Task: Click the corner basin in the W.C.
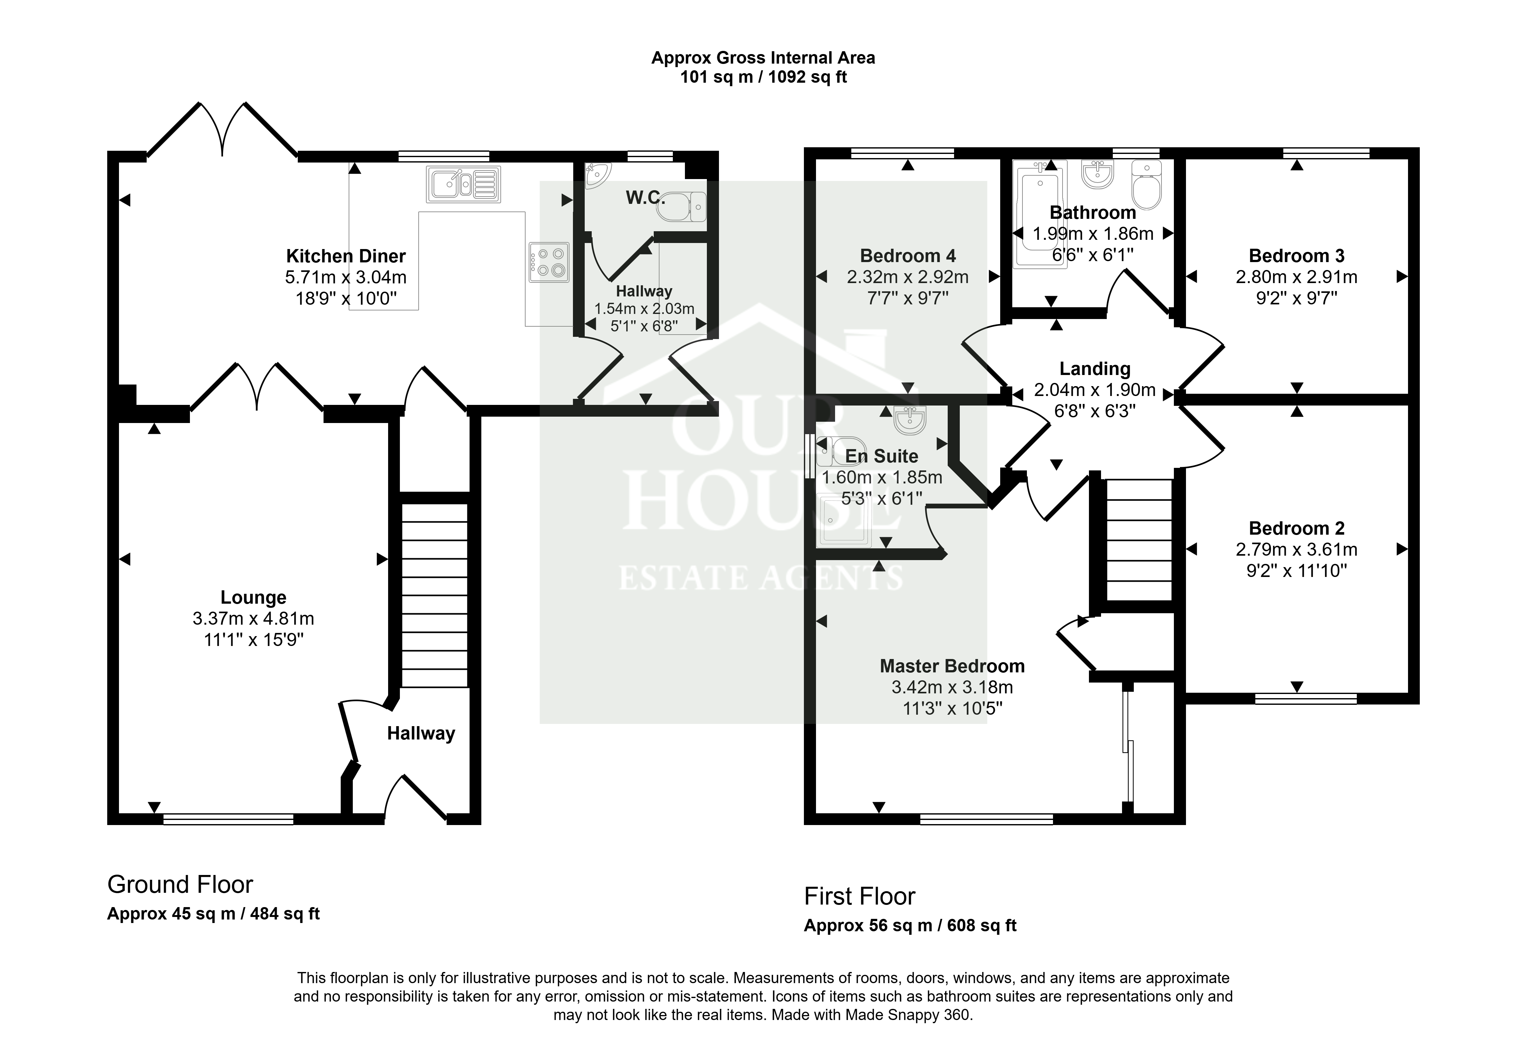pos(596,175)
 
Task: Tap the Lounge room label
pos(254,597)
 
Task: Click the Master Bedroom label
pos(952,666)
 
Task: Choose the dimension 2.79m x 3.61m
pos(1296,549)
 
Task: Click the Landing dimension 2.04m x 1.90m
pos(1095,390)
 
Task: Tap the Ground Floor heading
pos(180,885)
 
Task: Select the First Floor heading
pos(860,896)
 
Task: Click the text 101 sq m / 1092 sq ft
pos(763,77)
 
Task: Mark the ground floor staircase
pos(434,595)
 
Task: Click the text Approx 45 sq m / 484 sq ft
pos(213,914)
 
